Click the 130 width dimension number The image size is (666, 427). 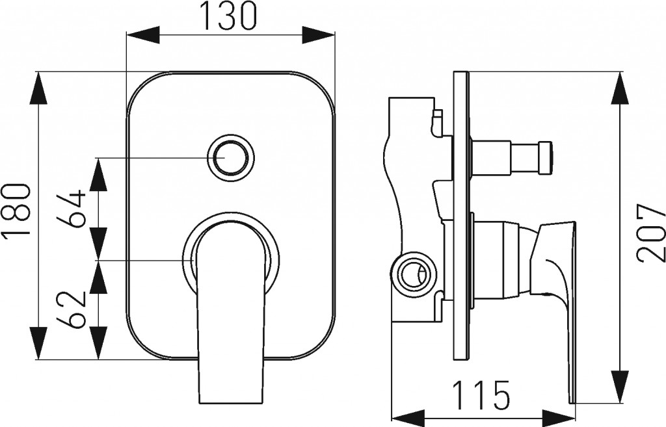(230, 16)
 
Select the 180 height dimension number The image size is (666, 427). (17, 211)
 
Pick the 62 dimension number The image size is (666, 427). (72, 309)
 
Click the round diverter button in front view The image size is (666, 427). (231, 156)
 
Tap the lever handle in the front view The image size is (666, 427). (232, 314)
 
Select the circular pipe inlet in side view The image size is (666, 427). (412, 272)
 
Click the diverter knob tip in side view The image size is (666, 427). (546, 158)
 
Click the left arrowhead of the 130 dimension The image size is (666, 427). (142, 35)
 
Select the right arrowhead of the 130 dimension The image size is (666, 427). (319, 35)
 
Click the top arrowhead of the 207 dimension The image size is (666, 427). (620, 88)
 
